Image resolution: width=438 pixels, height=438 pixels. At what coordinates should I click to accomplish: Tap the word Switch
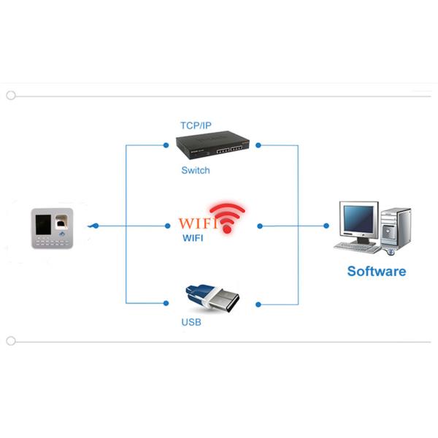(x=196, y=171)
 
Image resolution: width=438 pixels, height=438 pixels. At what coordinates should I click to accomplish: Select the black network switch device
(x=212, y=148)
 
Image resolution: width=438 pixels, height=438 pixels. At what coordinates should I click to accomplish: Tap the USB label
(x=191, y=322)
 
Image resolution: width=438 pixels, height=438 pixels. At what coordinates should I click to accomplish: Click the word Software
(x=376, y=272)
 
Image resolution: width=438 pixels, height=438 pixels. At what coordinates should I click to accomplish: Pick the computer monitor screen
(x=358, y=218)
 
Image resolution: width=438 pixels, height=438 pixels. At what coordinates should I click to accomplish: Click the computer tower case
(x=396, y=229)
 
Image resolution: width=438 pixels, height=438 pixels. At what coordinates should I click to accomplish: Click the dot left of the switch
(x=167, y=145)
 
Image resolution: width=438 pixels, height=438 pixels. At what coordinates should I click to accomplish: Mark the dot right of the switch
(x=258, y=145)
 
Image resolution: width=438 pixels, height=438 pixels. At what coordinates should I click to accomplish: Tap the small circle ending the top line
(x=10, y=95)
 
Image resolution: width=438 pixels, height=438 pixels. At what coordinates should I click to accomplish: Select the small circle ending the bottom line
(x=10, y=341)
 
